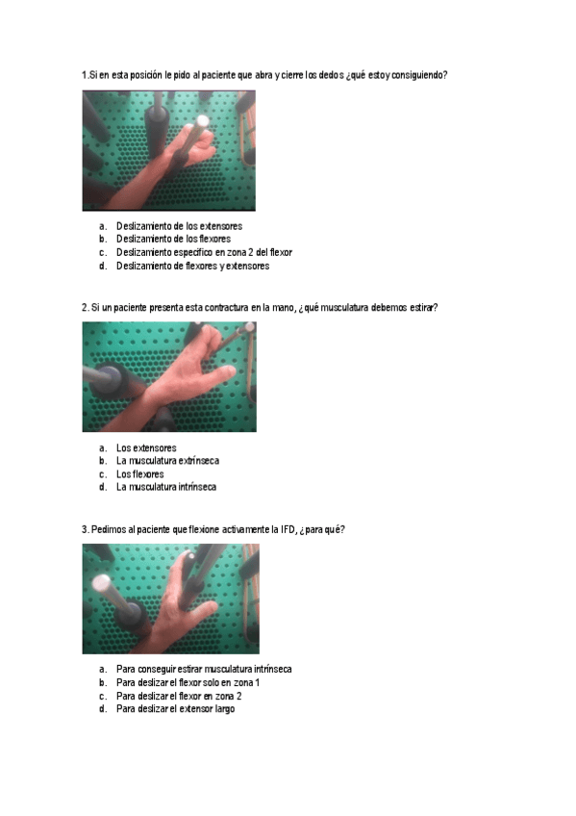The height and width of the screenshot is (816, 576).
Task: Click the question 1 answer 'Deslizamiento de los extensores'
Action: (x=179, y=226)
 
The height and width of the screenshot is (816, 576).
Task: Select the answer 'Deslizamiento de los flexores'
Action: (x=173, y=239)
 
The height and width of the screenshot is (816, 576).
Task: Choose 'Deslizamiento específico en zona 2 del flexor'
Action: (x=204, y=252)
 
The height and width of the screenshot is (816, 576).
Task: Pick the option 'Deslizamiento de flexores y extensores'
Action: (x=192, y=266)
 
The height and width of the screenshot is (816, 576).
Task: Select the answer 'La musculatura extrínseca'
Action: (x=167, y=461)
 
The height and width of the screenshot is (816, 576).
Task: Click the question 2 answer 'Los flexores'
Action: (x=140, y=474)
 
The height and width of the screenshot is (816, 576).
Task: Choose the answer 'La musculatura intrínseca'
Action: (x=166, y=487)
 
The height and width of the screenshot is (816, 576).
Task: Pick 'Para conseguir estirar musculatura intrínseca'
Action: (x=204, y=669)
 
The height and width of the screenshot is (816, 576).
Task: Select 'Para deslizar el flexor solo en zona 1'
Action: (x=188, y=682)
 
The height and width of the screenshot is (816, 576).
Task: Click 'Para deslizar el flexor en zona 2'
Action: (x=179, y=696)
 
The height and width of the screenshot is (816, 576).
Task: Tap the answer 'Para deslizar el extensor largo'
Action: (x=175, y=709)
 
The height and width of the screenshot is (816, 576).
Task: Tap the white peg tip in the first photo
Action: (x=202, y=121)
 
